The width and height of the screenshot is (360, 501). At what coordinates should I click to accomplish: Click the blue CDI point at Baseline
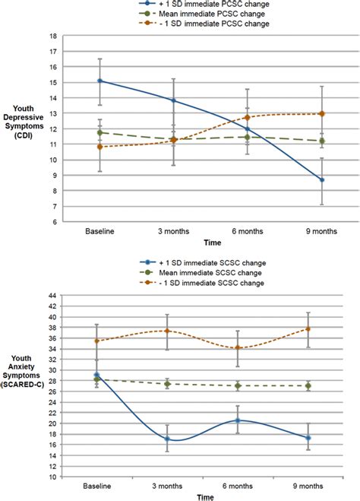click(100, 81)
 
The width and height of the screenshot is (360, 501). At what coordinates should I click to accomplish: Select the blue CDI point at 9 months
click(322, 180)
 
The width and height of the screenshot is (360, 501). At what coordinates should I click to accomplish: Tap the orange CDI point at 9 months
click(322, 114)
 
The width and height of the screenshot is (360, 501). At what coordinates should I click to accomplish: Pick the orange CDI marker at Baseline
click(100, 147)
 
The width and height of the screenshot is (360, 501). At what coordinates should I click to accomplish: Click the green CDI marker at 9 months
click(322, 141)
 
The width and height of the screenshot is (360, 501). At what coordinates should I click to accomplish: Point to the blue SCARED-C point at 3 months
click(167, 439)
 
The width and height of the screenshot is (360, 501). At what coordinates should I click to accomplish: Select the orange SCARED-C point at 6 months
click(238, 347)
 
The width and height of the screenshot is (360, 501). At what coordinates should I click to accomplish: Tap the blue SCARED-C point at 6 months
click(238, 421)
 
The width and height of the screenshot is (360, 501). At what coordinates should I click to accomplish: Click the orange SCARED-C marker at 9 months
click(308, 328)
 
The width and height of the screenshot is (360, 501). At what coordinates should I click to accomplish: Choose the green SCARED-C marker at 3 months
click(167, 384)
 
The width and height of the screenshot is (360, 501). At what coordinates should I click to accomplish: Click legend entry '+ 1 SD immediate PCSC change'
click(204, 4)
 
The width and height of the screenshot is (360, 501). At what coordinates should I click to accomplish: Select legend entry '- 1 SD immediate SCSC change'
click(202, 283)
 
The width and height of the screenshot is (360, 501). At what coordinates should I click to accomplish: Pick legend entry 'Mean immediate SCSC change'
click(201, 273)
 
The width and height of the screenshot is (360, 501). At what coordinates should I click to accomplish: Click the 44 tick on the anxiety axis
click(52, 296)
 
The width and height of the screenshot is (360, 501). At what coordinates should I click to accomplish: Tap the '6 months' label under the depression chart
click(248, 231)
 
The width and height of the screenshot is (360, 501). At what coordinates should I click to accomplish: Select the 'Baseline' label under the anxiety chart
click(97, 487)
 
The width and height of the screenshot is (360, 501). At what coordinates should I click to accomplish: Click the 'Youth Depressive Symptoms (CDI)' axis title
click(24, 122)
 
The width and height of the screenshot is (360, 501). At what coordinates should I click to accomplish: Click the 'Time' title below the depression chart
click(213, 243)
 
